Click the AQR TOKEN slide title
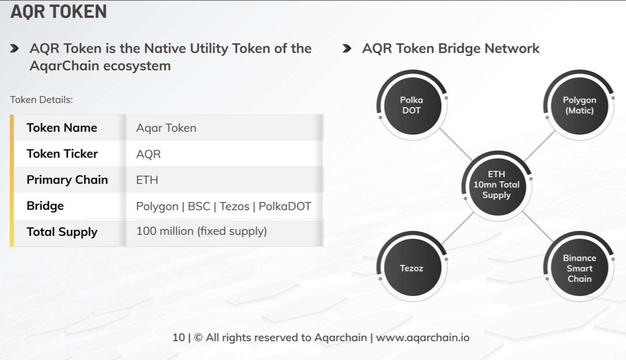(59, 12)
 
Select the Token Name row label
(62, 128)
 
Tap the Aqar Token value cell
(166, 128)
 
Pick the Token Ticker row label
(62, 154)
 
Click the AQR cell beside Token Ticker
(149, 154)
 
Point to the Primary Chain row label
(67, 179)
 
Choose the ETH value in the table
(147, 180)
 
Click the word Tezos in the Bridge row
(234, 206)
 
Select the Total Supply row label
(62, 232)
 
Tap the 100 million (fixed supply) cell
(202, 231)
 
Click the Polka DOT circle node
(411, 105)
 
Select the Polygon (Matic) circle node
(579, 105)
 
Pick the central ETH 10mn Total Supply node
(496, 185)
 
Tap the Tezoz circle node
(411, 268)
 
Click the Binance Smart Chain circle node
(579, 268)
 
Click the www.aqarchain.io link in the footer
(422, 337)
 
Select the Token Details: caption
(41, 100)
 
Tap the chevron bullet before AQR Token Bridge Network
(347, 49)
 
